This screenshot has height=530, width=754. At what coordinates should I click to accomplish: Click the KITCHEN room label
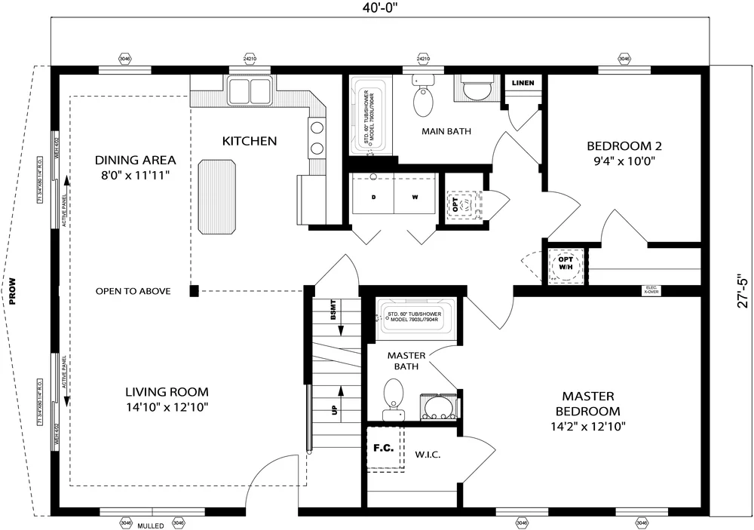point(250,141)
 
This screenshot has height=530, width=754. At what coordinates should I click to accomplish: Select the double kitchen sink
point(250,91)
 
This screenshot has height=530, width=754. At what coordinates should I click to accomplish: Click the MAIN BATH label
point(446,131)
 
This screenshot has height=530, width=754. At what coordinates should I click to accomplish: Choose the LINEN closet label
point(523,83)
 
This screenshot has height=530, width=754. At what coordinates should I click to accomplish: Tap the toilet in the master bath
point(393,400)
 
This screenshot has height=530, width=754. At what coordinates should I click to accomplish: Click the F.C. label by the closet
point(382,448)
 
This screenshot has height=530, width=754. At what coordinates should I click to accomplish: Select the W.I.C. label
point(428,455)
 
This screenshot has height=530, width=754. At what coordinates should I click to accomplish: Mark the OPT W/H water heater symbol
point(565,265)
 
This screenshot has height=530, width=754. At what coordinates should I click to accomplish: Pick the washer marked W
point(415,198)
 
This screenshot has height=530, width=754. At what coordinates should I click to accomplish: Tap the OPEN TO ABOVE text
point(133,291)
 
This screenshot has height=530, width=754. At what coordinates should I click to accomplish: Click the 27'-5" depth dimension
point(743,290)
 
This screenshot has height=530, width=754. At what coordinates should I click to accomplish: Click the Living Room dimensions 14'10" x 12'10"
point(167,407)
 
